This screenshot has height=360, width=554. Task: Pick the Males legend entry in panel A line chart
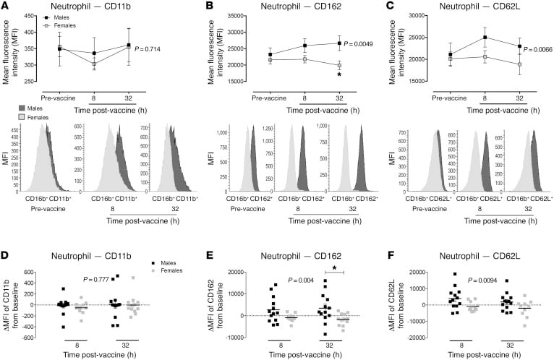(44, 13)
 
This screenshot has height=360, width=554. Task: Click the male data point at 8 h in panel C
(481, 38)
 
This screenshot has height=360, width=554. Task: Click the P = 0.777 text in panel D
(98, 278)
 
